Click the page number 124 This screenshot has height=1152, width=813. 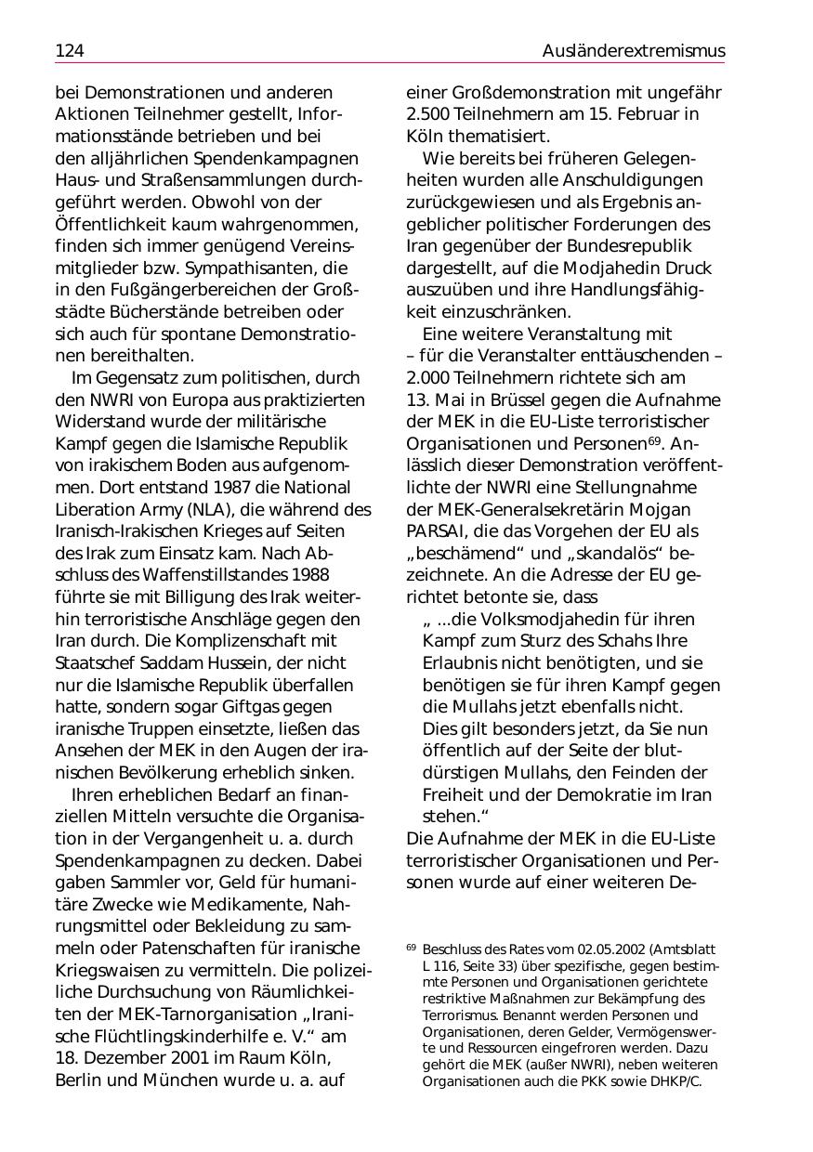(70, 50)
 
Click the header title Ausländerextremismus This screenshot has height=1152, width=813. (634, 50)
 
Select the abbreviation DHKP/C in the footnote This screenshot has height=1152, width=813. (674, 1081)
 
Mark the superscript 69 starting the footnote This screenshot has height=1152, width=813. (411, 948)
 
